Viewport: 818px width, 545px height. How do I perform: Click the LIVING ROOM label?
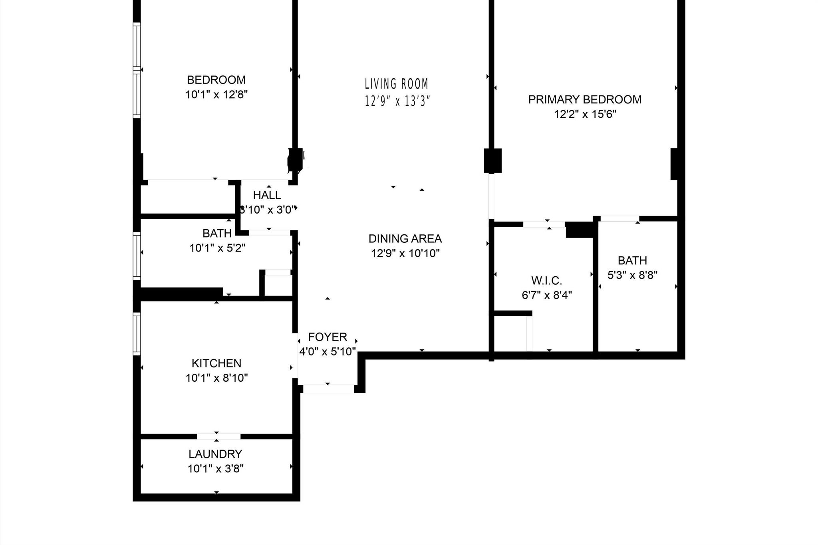396,84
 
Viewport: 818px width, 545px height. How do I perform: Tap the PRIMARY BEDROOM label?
585,99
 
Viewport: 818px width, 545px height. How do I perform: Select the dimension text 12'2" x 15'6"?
585,114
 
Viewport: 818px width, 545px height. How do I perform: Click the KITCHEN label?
216,363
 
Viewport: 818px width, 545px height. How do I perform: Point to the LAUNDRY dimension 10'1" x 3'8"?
216,468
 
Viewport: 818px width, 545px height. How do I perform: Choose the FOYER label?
328,337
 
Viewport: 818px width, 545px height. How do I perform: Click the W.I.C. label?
546,280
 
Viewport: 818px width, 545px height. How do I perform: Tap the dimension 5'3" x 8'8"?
632,275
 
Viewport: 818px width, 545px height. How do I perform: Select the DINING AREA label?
405,238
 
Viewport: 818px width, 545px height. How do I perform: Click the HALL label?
267,195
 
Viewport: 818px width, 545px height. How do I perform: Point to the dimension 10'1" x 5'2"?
217,248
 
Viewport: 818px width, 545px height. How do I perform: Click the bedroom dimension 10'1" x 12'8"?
216,95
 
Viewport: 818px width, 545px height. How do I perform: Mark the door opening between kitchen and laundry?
218,436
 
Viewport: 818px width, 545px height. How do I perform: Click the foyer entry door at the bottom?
328,388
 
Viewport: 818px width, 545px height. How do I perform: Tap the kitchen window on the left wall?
137,334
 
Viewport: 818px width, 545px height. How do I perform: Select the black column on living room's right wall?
492,161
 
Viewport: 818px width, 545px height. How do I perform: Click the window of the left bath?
137,256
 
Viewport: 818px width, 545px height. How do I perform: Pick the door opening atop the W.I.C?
544,224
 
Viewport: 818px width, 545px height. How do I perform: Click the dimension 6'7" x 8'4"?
546,295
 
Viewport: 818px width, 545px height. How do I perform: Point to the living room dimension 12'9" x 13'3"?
397,101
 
